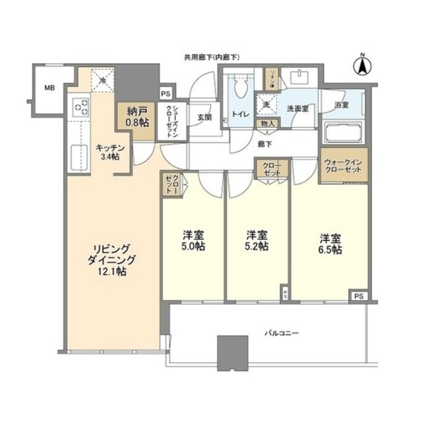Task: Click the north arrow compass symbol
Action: [361, 65]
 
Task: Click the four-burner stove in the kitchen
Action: [81, 105]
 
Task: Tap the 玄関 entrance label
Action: [204, 118]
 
